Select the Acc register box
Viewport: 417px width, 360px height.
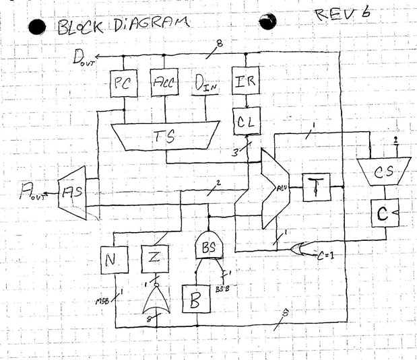tap(164, 84)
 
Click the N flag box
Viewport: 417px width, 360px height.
tap(112, 258)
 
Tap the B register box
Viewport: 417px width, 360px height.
tap(196, 298)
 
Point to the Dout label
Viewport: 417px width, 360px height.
tap(84, 57)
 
